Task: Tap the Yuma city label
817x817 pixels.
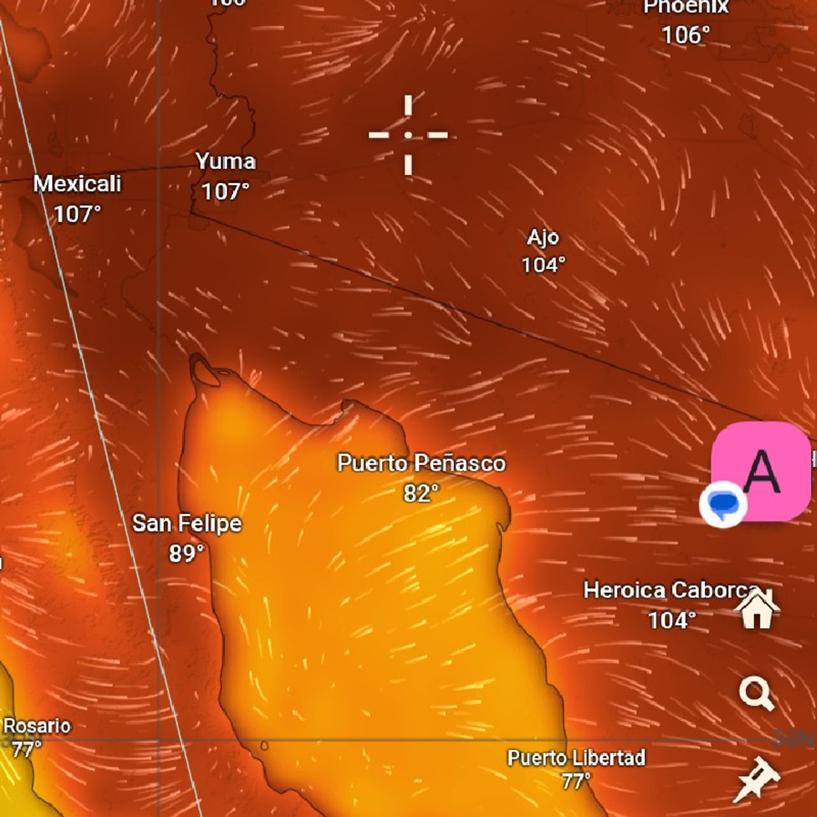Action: tap(225, 162)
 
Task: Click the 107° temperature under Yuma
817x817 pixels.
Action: tap(225, 191)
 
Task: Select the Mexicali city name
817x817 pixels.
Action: tap(77, 184)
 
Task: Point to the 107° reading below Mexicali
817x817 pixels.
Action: tap(77, 214)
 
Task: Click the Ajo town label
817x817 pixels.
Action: tap(543, 238)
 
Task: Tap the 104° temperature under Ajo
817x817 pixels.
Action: tap(543, 265)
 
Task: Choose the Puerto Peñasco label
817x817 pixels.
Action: tap(421, 463)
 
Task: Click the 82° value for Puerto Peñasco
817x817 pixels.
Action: tap(421, 494)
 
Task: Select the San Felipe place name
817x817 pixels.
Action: tap(187, 523)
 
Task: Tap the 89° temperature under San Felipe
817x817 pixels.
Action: tap(187, 553)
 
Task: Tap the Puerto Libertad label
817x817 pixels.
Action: tap(576, 758)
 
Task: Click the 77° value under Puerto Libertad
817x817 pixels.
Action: tap(576, 780)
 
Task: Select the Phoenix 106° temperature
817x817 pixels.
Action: tap(686, 36)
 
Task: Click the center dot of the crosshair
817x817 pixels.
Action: tap(408, 135)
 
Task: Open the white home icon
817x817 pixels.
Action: tap(757, 609)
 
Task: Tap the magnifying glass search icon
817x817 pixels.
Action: tap(756, 694)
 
